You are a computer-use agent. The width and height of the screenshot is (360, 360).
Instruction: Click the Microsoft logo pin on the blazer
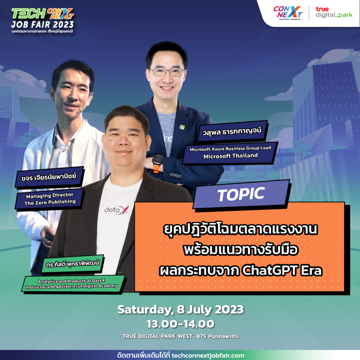(182, 127)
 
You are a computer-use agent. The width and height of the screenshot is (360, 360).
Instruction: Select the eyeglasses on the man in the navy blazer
(167, 72)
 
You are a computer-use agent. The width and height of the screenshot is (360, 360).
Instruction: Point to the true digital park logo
(334, 12)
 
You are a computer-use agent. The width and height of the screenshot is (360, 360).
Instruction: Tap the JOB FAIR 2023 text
(43, 24)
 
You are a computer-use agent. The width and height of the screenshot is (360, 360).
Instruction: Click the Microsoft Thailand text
(231, 156)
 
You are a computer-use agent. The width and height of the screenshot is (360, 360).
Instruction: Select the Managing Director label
(50, 195)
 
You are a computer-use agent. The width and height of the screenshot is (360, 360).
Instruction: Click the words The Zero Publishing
(50, 202)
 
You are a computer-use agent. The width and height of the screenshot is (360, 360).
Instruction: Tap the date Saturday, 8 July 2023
(180, 310)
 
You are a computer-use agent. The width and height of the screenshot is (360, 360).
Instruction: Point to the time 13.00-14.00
(181, 324)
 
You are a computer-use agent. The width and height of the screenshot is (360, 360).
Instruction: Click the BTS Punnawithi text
(218, 336)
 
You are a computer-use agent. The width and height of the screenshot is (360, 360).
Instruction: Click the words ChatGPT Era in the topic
(282, 270)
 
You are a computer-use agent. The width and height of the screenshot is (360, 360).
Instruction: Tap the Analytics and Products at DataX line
(71, 281)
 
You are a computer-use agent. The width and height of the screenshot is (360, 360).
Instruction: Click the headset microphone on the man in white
(81, 110)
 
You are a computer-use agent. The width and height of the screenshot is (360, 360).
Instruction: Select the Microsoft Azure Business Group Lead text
(230, 149)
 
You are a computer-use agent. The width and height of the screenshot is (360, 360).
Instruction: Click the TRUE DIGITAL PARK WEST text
(157, 336)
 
